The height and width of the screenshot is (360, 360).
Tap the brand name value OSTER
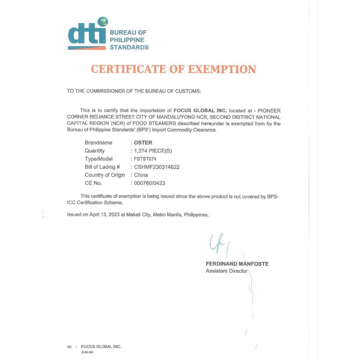[x=143, y=143]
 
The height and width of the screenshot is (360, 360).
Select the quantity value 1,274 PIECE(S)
[x=153, y=151]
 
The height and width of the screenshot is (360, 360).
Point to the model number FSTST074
[x=145, y=159]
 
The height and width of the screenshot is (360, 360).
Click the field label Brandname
[x=98, y=143]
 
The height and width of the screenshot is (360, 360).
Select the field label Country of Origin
[x=105, y=175]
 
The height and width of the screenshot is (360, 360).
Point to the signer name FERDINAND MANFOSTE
[x=237, y=264]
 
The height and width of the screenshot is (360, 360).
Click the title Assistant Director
[x=226, y=271]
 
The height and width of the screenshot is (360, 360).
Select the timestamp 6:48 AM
[x=87, y=352]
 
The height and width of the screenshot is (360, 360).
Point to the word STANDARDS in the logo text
[x=129, y=47]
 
